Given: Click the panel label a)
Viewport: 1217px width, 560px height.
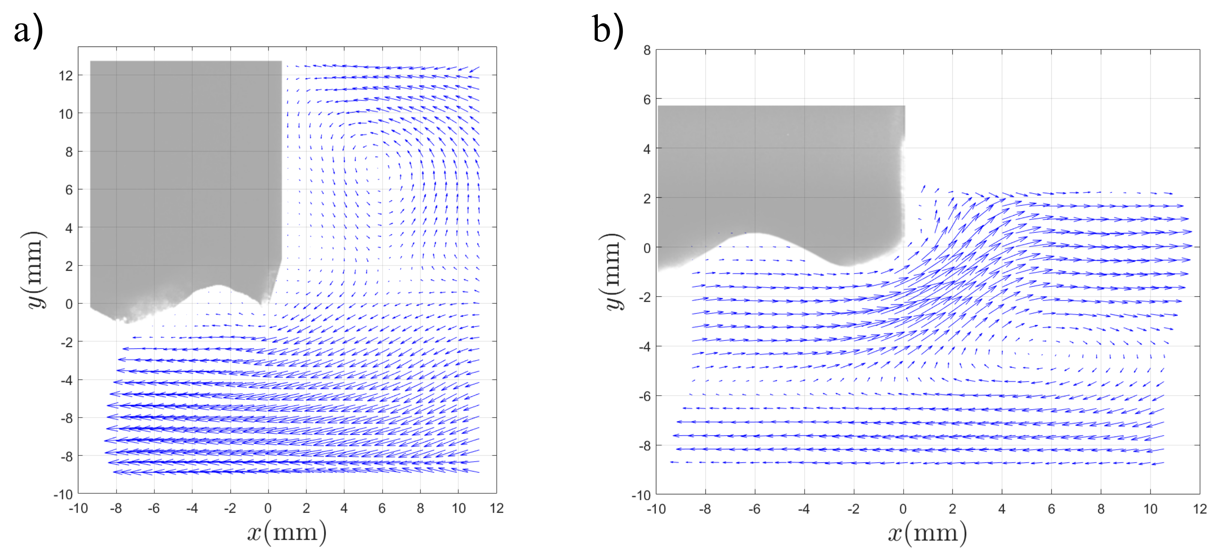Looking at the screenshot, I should click(x=28, y=32).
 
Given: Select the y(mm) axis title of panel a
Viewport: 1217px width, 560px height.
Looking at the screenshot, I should click(x=36, y=270).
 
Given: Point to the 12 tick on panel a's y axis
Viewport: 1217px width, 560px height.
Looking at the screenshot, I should click(x=66, y=76).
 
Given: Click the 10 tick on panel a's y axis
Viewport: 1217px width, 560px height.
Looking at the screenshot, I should click(x=66, y=114).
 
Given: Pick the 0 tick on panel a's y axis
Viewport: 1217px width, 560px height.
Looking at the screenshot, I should click(x=69, y=304).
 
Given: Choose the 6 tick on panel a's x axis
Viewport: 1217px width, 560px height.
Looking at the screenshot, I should click(x=382, y=509).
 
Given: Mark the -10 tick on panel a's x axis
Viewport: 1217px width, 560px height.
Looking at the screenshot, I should click(x=78, y=509).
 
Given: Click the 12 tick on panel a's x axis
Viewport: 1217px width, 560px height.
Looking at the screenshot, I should click(x=497, y=509).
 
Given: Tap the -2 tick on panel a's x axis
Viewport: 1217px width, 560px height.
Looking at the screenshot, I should click(x=230, y=509).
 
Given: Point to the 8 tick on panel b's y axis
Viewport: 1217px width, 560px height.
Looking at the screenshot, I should click(x=647, y=51).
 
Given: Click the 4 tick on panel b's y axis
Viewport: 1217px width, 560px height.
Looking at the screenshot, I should click(x=647, y=149).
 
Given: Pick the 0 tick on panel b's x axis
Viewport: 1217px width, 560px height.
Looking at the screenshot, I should click(x=903, y=509).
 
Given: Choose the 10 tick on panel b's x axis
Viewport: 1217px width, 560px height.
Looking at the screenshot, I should click(x=1150, y=509).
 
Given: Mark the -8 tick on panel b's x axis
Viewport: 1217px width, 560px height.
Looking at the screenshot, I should click(x=705, y=509).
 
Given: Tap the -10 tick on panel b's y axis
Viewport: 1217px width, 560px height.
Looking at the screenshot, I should click(x=641, y=495).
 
